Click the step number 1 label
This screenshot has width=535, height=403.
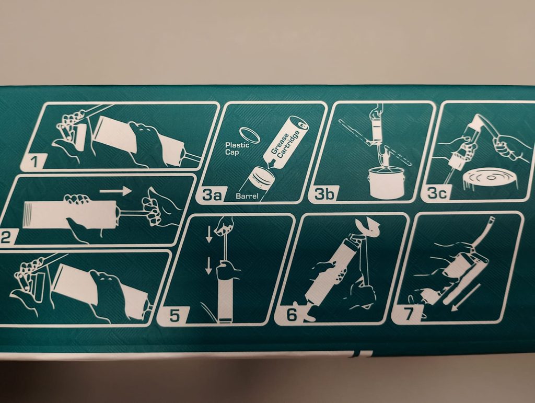pos(34,162)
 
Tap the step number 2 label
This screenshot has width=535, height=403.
pos(5,237)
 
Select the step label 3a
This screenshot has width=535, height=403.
pos(212,195)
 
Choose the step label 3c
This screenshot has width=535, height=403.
pos(437,194)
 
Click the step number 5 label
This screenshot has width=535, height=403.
pos(175,316)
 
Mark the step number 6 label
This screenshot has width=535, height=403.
pos(292,315)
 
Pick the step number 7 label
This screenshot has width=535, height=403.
pos(409,314)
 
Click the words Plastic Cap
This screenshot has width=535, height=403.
pos(237,148)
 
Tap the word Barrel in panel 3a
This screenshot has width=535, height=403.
pos(247,196)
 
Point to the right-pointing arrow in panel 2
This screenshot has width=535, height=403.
pos(115,191)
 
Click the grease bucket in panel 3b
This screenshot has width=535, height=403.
pos(386,182)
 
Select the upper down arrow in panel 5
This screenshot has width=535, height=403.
pos(209,234)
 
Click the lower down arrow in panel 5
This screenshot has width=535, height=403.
pos(209,266)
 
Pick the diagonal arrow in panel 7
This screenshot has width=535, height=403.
pos(466,297)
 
